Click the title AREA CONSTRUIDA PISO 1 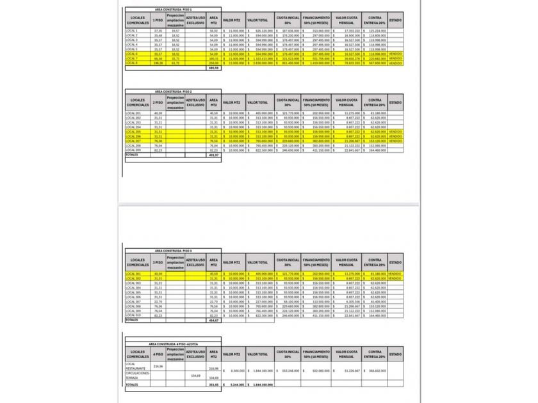[x=173, y=10]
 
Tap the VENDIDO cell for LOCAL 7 [x=396, y=59]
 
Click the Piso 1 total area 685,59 [x=214, y=68]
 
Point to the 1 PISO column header [x=158, y=20]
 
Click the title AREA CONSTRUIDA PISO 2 [x=173, y=91]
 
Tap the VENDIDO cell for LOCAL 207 [x=396, y=141]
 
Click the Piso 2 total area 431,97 [x=214, y=155]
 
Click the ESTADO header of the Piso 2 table [x=396, y=102]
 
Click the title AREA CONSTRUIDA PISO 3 [x=173, y=251]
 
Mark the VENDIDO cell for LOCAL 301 [x=396, y=274]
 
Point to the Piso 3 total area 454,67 [x=214, y=320]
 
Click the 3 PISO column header [x=158, y=262]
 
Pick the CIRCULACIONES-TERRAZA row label [x=138, y=375]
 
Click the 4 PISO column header [x=158, y=354]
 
